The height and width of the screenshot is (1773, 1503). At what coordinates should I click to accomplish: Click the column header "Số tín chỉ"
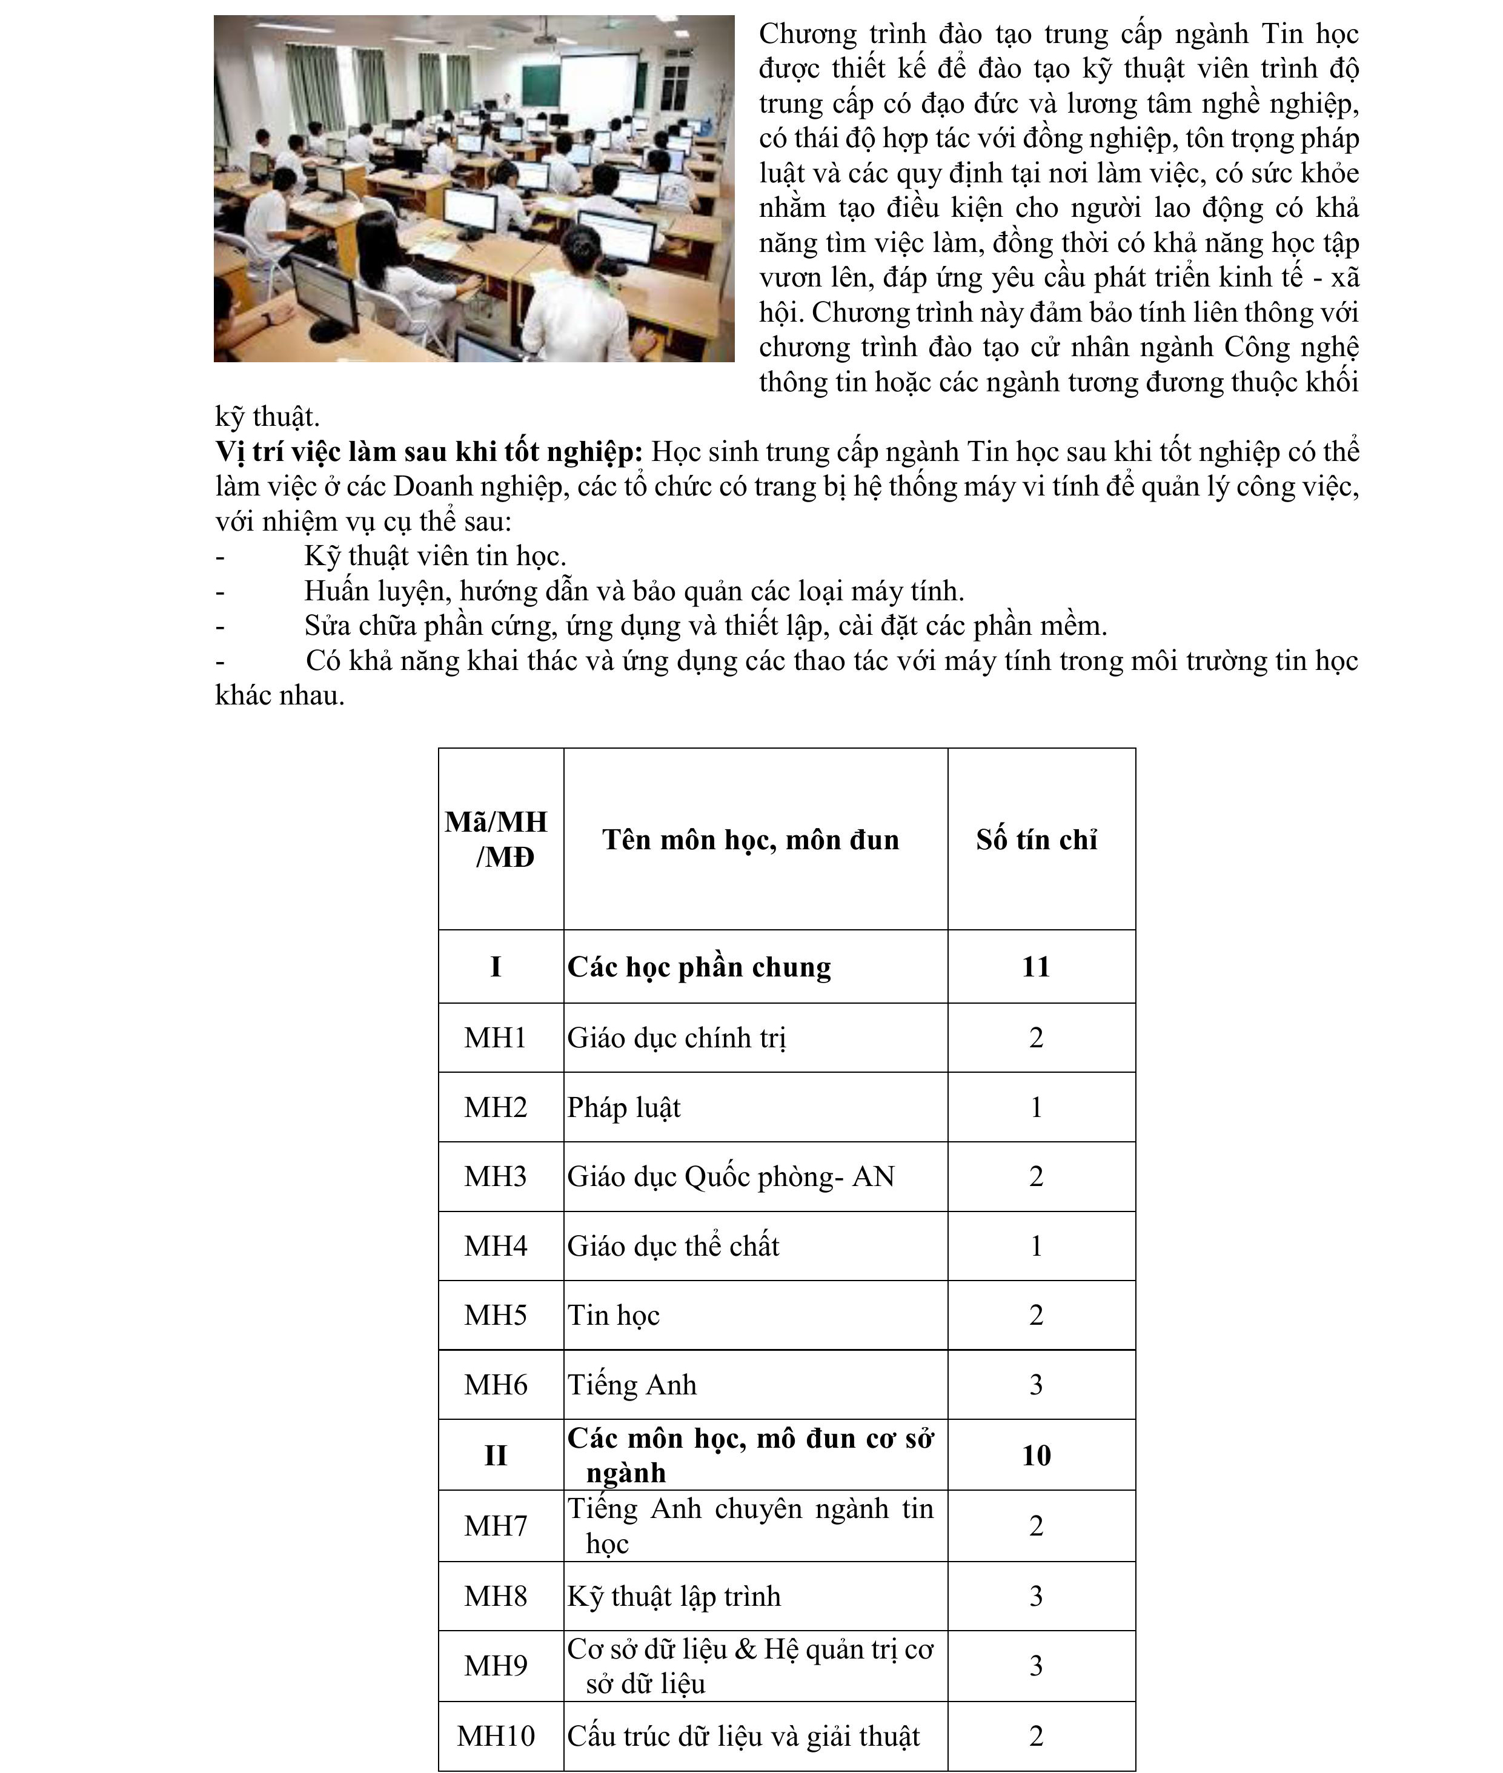click(1036, 840)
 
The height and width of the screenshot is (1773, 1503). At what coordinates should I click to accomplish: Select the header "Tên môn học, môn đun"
click(750, 840)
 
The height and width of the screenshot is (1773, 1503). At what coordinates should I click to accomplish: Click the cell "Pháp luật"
click(624, 1107)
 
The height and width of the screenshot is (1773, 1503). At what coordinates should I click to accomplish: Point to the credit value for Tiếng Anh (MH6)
click(1036, 1385)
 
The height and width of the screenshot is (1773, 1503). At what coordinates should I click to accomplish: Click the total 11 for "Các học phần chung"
click(1036, 967)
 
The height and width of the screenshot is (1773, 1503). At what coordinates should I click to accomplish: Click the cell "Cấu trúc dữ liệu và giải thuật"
click(743, 1737)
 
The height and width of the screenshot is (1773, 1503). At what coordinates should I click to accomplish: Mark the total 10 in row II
click(1036, 1455)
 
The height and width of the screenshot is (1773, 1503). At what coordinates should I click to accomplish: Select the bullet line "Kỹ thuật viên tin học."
click(434, 556)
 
